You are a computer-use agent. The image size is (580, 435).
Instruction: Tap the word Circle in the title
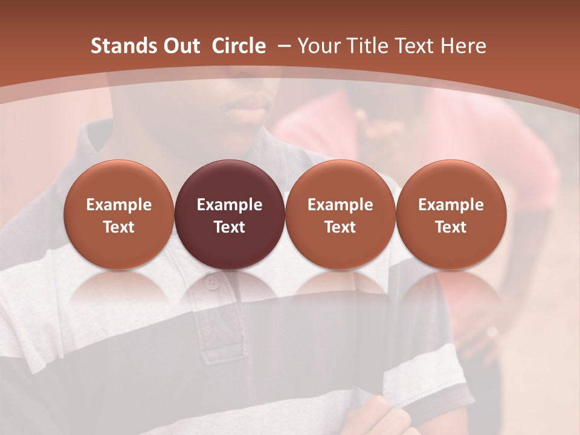[x=239, y=46]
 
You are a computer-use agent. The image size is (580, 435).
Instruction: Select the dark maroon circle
[x=230, y=214]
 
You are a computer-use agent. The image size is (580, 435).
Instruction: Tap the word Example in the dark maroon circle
[x=230, y=205]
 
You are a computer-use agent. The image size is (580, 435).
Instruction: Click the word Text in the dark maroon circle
[x=230, y=227]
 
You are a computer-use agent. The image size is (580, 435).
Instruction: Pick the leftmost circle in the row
[x=119, y=214]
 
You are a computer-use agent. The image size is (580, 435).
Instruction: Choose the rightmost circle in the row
[x=451, y=214]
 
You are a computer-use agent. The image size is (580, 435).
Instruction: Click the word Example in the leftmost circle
[x=119, y=205]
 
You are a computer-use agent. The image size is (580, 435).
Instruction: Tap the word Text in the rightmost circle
[x=451, y=227]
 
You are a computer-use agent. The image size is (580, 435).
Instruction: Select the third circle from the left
[x=340, y=214]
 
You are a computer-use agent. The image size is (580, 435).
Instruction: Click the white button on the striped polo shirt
[x=211, y=283]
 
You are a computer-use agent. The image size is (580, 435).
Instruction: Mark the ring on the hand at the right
[x=492, y=332]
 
